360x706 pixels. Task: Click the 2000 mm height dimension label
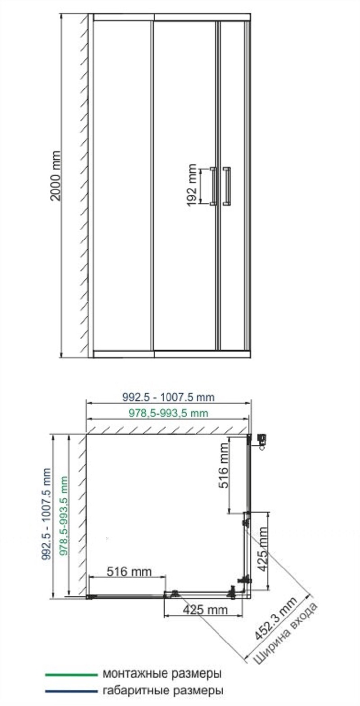click(x=56, y=176)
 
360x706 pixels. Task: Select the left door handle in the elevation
click(x=214, y=186)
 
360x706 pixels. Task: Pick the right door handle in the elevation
click(x=226, y=186)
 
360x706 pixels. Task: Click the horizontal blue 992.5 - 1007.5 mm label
click(x=168, y=397)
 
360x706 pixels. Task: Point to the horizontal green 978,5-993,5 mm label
click(x=168, y=413)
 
